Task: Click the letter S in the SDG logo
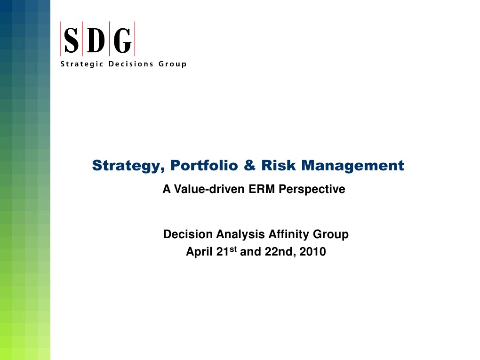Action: [72, 41]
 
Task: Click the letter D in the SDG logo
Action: [97, 41]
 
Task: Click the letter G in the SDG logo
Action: [122, 41]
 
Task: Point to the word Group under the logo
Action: [172, 64]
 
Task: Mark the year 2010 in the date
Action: [313, 252]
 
